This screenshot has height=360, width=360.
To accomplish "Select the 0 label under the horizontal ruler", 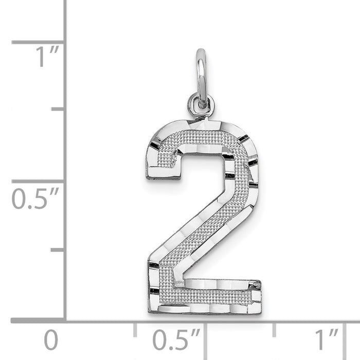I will pos(50,340).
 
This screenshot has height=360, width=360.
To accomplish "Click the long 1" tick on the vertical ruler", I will pos(39,42).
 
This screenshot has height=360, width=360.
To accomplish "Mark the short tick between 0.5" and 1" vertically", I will pos(58,110).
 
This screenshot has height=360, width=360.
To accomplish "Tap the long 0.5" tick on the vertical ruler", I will pos(39,181).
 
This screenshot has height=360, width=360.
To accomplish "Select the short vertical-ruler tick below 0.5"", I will pos(58,250).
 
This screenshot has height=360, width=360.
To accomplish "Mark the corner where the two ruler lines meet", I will pos(65,321).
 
